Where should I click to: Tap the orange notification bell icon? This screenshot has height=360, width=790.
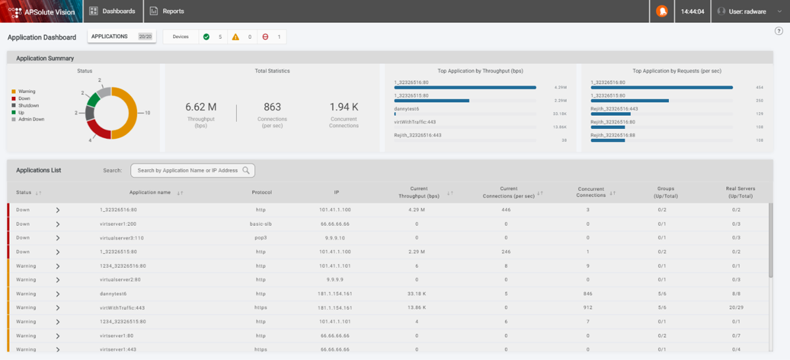click(x=662, y=11)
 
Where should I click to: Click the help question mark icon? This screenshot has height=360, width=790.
click(x=779, y=31)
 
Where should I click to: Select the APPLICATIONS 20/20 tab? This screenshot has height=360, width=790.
click(x=122, y=37)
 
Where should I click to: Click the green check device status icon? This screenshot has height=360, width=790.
click(x=206, y=37)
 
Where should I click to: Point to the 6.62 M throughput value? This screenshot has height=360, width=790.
click(x=201, y=107)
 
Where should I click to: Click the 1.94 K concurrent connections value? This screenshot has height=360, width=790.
click(x=344, y=107)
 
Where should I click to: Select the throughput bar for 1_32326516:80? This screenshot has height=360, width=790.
click(x=465, y=87)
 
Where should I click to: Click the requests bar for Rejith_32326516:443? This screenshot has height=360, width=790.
click(x=610, y=114)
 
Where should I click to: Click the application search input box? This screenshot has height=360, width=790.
click(x=188, y=170)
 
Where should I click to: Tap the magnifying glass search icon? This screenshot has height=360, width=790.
click(x=246, y=170)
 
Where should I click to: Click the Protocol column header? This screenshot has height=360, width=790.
click(x=261, y=192)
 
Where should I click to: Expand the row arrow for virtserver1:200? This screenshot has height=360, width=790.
click(x=58, y=224)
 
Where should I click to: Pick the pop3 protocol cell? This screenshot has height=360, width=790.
click(x=261, y=238)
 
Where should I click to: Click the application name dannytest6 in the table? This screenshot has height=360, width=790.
click(x=113, y=294)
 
